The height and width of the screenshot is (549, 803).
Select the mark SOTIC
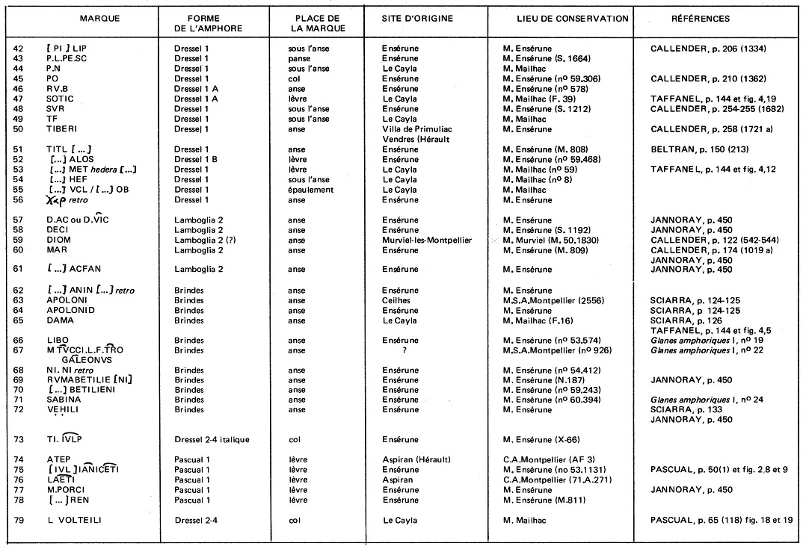61,99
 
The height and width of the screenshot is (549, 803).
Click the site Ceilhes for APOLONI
398,300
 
